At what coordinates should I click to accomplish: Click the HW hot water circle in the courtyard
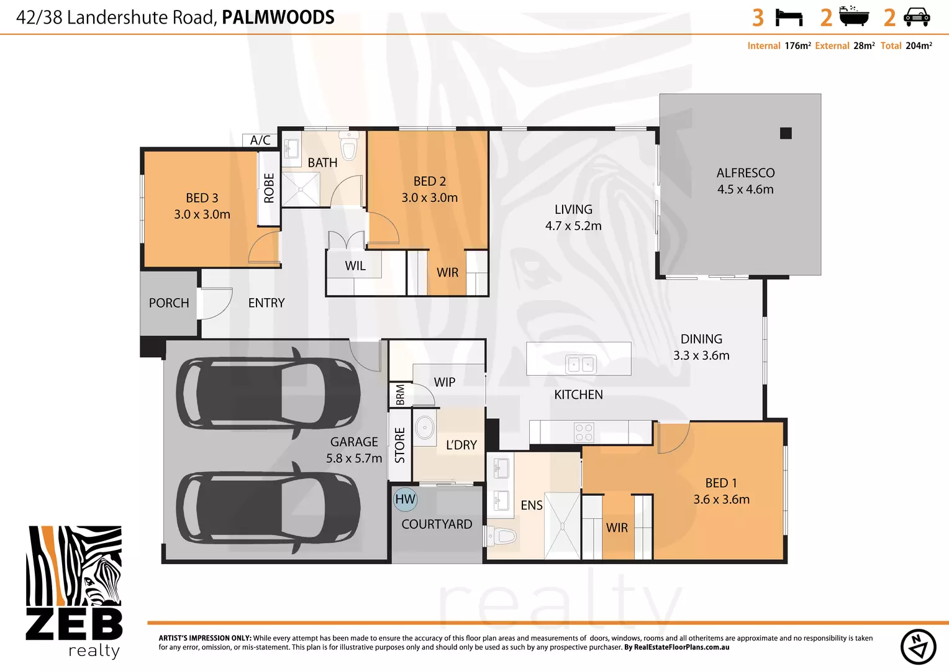pyautogui.click(x=405, y=499)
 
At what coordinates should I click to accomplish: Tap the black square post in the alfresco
pyautogui.click(x=786, y=133)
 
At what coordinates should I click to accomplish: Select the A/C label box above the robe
pyautogui.click(x=260, y=140)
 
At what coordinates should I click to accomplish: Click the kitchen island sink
pyautogui.click(x=581, y=364)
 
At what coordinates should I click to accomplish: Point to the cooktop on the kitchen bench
pyautogui.click(x=584, y=432)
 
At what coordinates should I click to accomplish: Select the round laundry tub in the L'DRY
pyautogui.click(x=425, y=427)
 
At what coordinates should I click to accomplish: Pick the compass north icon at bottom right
pyautogui.click(x=918, y=647)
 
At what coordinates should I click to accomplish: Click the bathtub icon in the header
pyautogui.click(x=853, y=16)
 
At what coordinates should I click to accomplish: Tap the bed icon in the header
pyautogui.click(x=789, y=17)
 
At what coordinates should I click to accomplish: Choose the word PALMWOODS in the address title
pyautogui.click(x=278, y=17)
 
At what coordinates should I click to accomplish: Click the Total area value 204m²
pyautogui.click(x=919, y=46)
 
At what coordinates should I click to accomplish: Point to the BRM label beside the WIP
pyautogui.click(x=400, y=395)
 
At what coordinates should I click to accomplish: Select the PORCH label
pyautogui.click(x=169, y=303)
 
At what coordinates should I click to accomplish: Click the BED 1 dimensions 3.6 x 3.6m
pyautogui.click(x=721, y=500)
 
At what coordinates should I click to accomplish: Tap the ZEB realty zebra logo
pyautogui.click(x=74, y=590)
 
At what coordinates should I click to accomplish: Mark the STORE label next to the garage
pyautogui.click(x=400, y=445)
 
